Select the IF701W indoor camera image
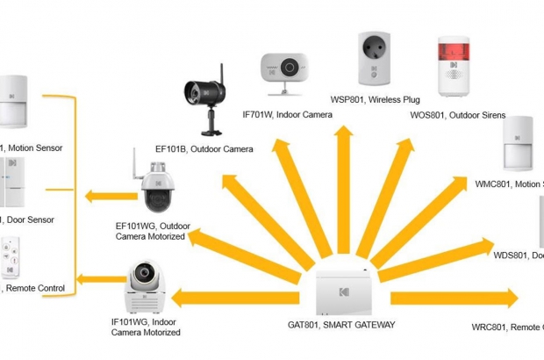click(283, 73)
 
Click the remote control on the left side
click(11, 257)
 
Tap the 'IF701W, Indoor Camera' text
click(286, 114)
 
